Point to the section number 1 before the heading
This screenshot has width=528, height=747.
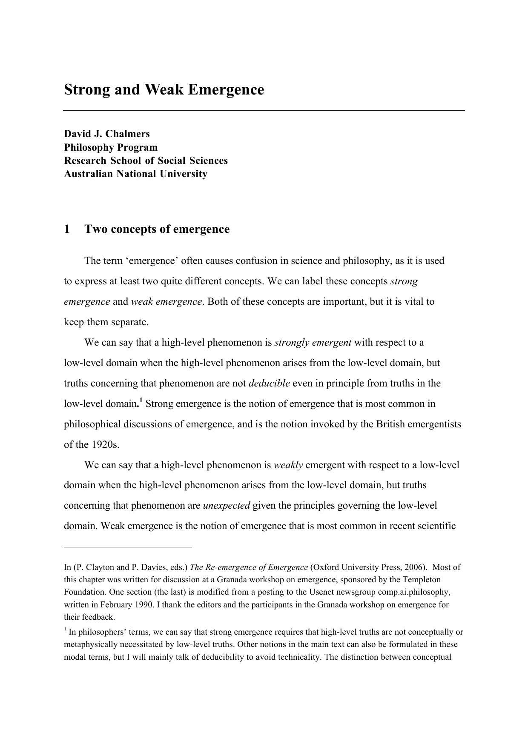pyautogui.click(x=67, y=229)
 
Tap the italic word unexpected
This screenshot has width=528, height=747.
pyautogui.click(x=227, y=506)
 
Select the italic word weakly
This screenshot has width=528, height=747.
pyautogui.click(x=288, y=465)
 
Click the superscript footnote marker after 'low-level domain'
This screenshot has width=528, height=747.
pyautogui.click(x=141, y=401)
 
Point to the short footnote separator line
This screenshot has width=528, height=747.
pyautogui.click(x=128, y=547)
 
